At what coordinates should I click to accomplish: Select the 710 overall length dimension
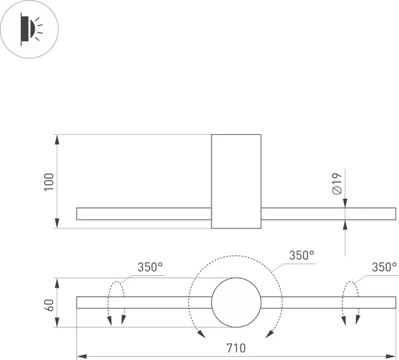pos(236,348)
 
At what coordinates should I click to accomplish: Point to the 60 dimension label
pos(49,305)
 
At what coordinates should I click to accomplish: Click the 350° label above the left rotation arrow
pos(150,267)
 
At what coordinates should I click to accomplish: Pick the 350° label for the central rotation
pos(301,255)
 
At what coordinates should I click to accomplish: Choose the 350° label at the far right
pos(384,267)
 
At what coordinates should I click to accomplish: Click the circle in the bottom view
pos(236,303)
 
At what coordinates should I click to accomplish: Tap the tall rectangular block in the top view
pos(236,181)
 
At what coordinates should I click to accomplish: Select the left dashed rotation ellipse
pos(117,303)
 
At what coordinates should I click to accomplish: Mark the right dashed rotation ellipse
pos(350,303)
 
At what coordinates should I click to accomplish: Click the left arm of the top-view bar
pos(144,214)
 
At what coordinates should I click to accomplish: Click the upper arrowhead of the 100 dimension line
pos(58,139)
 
